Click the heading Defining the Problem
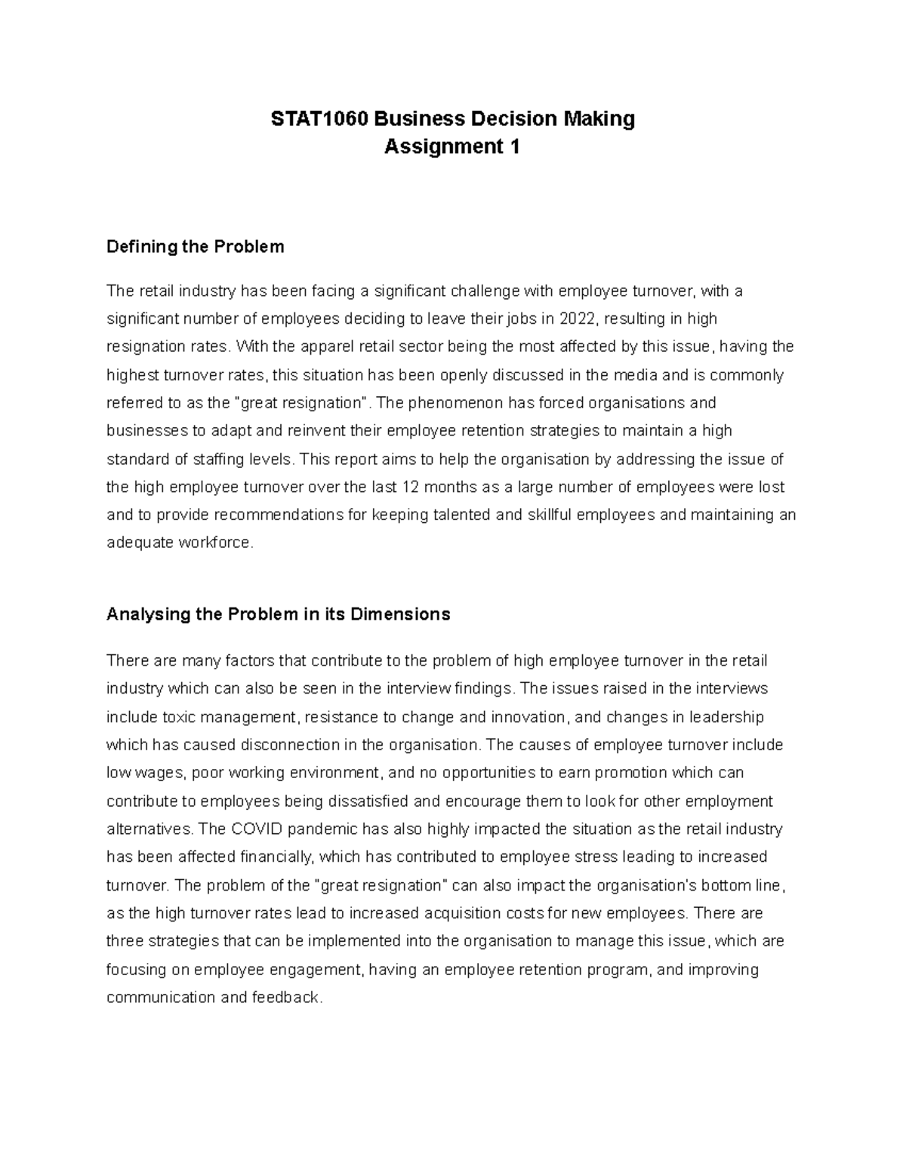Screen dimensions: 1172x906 click(196, 247)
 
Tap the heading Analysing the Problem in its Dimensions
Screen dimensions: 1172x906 click(278, 614)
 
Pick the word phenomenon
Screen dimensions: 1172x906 click(447, 403)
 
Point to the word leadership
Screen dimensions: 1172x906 click(726, 717)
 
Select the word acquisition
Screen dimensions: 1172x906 click(466, 913)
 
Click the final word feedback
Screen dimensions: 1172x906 click(291, 997)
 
